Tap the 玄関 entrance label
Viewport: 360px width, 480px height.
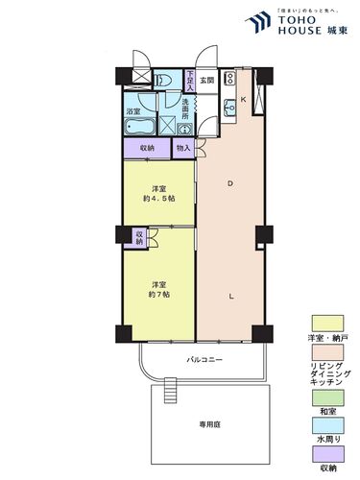coord(206,80)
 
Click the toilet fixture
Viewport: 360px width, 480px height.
coord(164,81)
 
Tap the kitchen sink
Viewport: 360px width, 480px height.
coord(229,108)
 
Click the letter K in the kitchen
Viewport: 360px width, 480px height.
coord(243,100)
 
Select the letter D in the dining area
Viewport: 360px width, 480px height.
coord(228,183)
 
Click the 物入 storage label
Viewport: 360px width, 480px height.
coord(182,148)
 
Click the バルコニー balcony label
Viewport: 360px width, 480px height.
coord(204,359)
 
